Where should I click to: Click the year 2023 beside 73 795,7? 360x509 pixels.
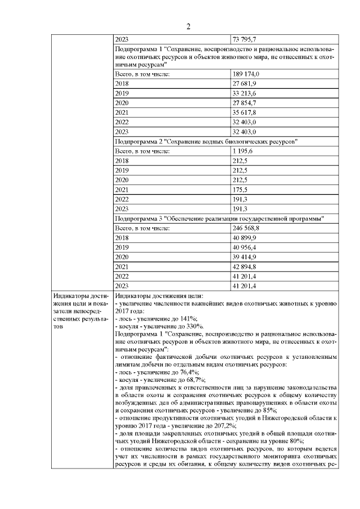point(121,40)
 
